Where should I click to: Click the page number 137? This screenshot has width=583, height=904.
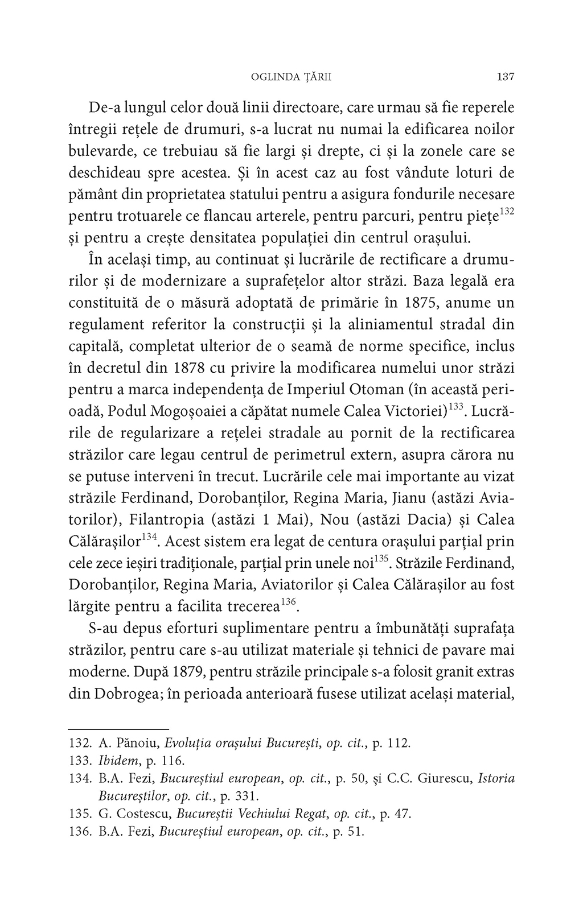(505, 76)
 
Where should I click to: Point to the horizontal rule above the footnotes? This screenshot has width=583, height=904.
(118, 728)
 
